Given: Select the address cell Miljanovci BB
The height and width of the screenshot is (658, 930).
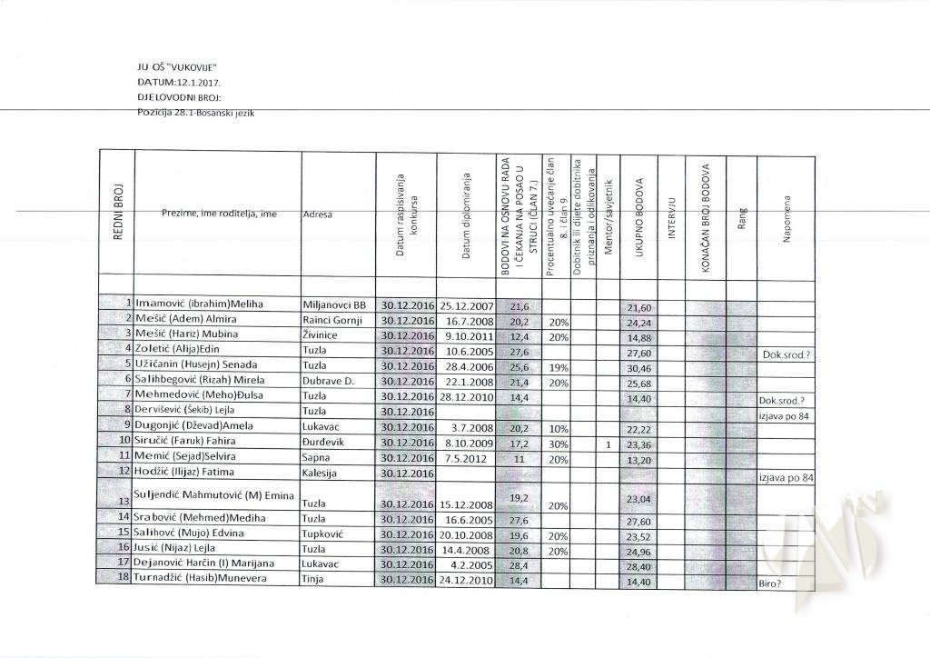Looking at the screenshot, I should (333, 304).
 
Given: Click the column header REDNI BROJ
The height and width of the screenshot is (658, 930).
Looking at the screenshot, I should (118, 214).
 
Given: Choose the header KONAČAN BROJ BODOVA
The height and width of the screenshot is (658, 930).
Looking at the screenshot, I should (705, 215).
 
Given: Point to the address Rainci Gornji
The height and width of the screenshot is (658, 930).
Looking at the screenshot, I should (332, 321).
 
